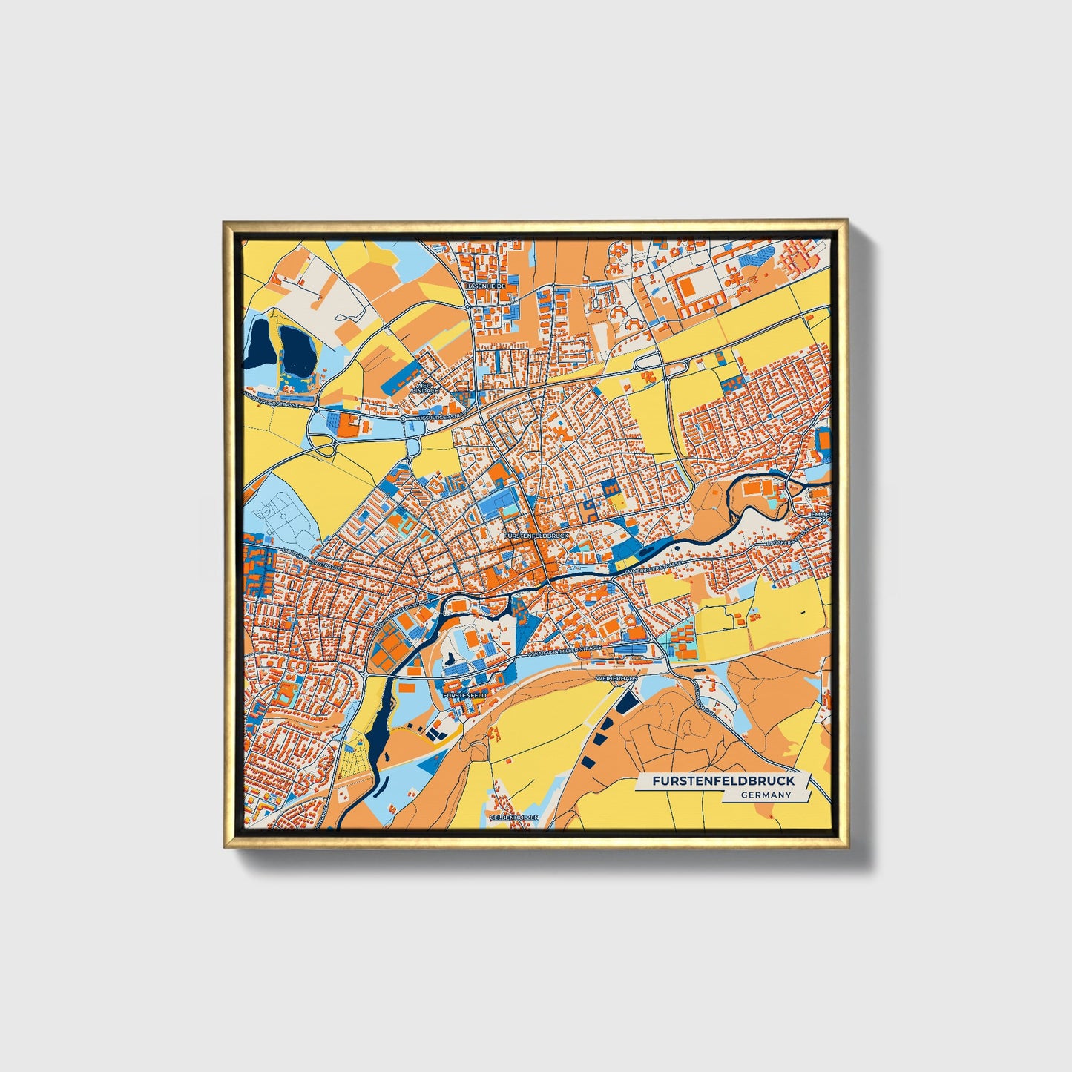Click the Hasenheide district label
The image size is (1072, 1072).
(484, 286)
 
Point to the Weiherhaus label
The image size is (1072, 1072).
(617, 678)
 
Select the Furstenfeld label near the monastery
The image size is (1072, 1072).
(464, 695)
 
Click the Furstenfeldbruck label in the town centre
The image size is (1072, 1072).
(535, 534)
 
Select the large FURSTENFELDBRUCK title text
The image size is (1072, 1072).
(723, 781)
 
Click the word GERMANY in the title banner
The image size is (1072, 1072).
(766, 795)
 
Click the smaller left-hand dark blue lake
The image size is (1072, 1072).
(260, 343)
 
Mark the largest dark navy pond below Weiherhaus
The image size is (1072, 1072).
(628, 701)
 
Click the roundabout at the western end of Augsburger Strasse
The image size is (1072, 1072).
(316, 408)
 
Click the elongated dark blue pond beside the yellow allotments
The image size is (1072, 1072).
(377, 734)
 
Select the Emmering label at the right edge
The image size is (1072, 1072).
(821, 514)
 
